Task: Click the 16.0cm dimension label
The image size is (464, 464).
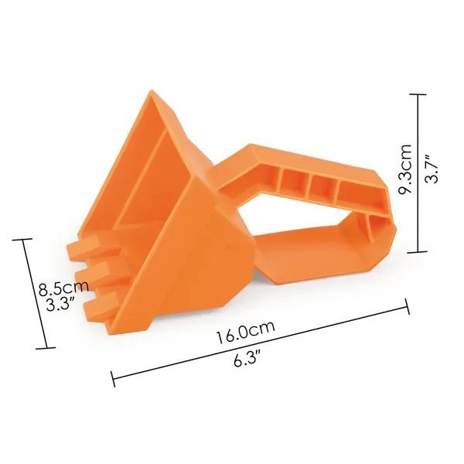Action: pyautogui.click(x=246, y=332)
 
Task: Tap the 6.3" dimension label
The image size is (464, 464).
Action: pyautogui.click(x=247, y=358)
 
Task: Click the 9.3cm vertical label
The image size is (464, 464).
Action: pyautogui.click(x=405, y=169)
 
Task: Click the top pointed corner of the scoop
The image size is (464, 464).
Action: pyautogui.click(x=152, y=91)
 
